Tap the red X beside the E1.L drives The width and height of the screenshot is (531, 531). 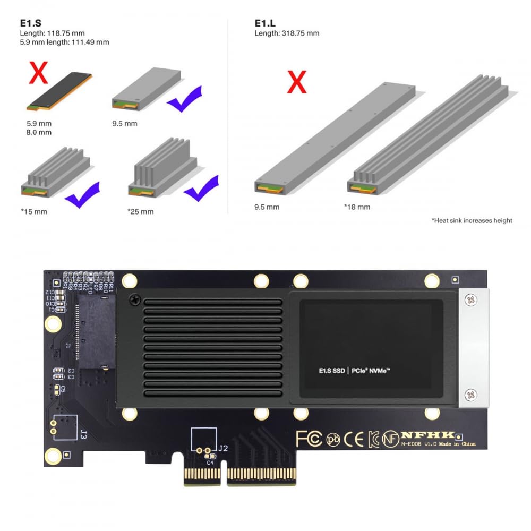click(297, 82)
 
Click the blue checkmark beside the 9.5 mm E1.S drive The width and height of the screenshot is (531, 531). click(184, 99)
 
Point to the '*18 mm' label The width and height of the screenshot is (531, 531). click(357, 207)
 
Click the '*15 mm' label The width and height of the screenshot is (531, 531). click(34, 211)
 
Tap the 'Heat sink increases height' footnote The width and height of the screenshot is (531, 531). click(472, 220)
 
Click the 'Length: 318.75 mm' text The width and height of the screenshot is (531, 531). click(287, 33)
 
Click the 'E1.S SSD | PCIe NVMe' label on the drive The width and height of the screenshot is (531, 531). click(355, 371)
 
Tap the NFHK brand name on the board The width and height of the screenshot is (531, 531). click(428, 435)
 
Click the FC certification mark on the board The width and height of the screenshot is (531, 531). click(309, 439)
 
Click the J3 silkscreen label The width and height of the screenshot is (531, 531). click(83, 434)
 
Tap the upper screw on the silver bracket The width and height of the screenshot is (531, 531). click(470, 301)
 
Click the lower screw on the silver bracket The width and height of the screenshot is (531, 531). click(470, 394)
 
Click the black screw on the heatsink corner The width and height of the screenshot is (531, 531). click(135, 301)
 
